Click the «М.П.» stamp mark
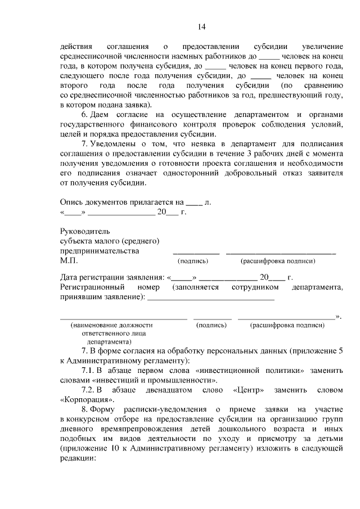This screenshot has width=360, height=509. (x=69, y=261)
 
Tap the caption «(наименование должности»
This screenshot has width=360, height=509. (x=111, y=325)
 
